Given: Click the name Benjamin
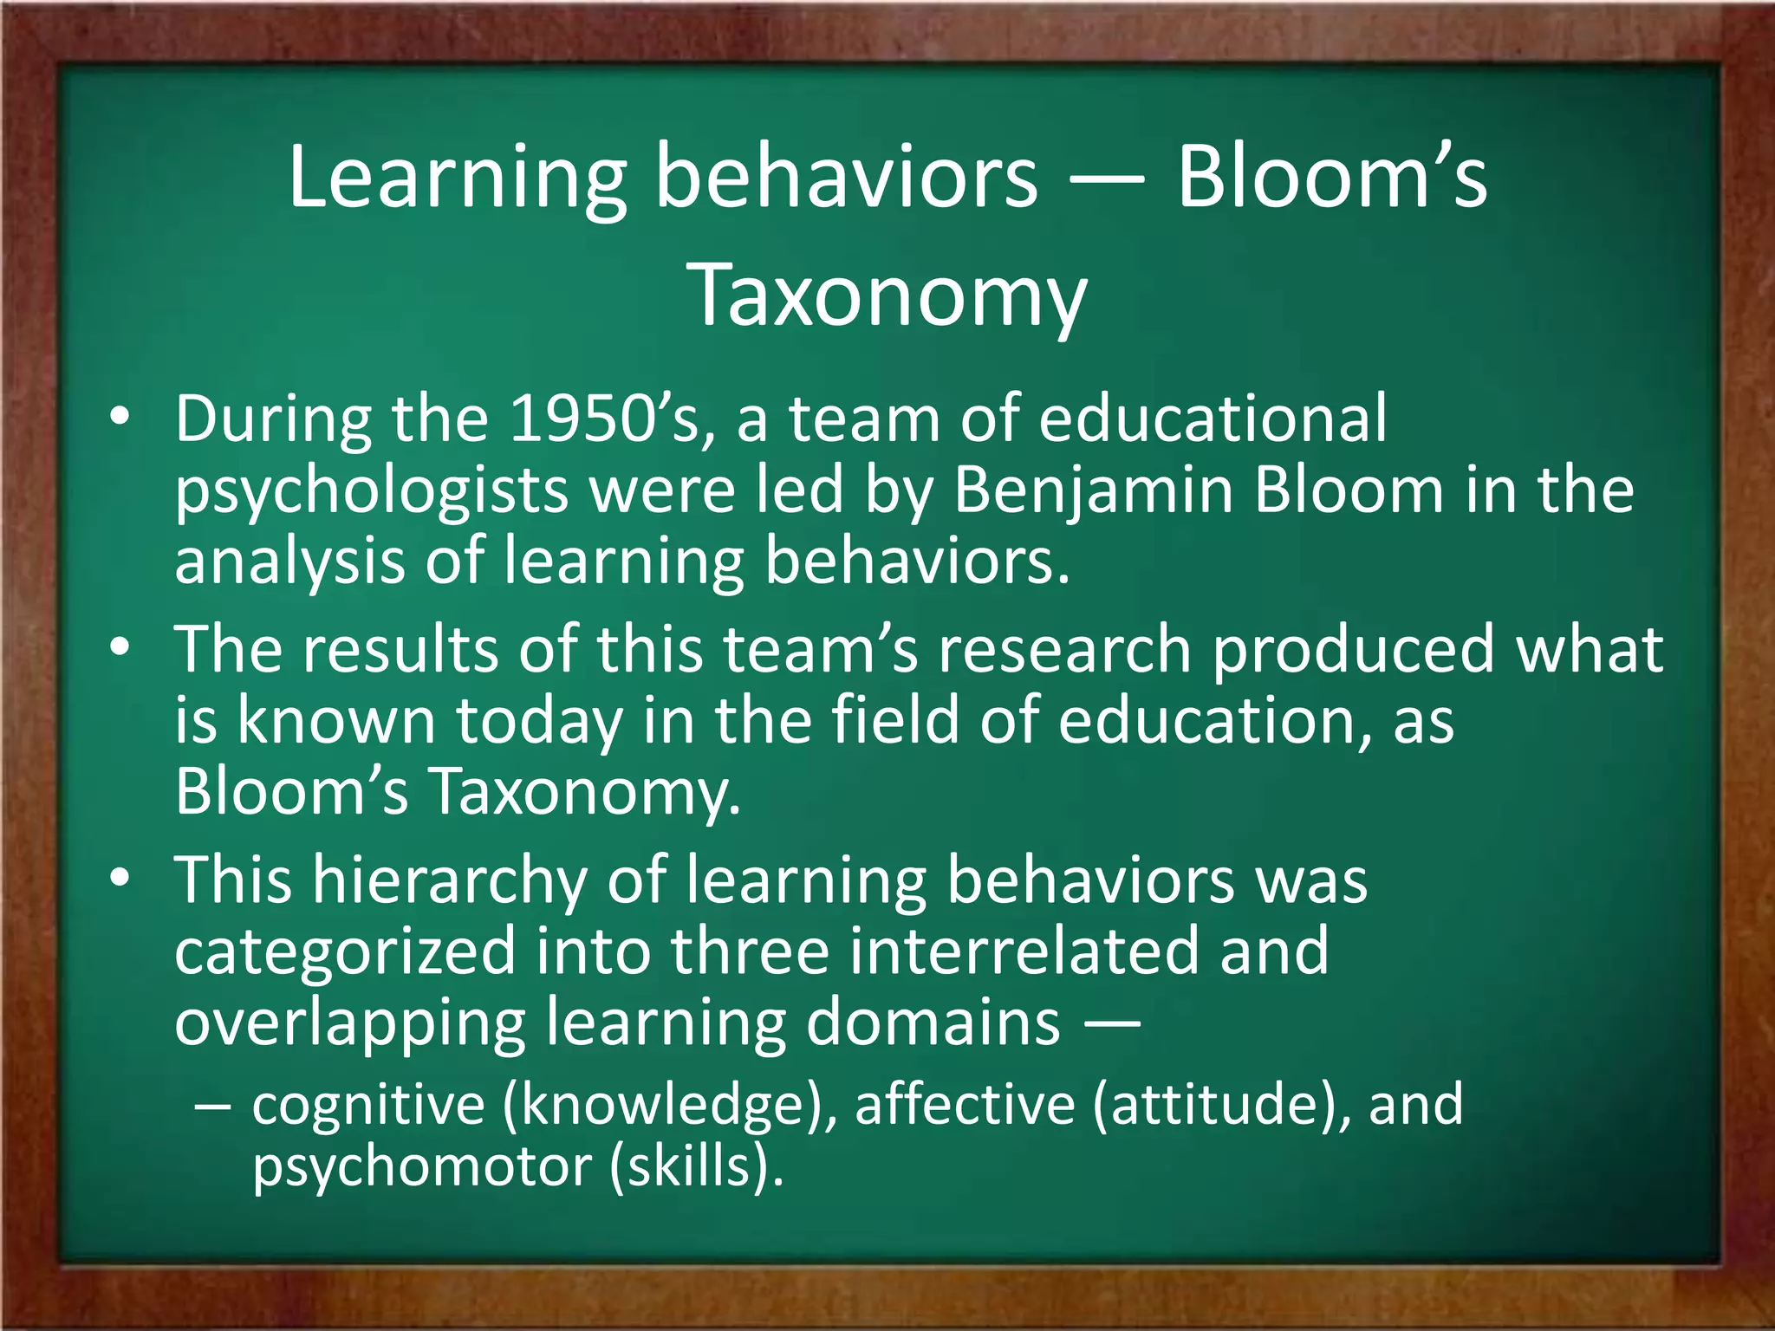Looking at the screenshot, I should coord(1094,490).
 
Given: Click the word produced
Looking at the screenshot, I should coord(1353,650).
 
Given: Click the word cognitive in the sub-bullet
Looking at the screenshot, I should coord(368,1106).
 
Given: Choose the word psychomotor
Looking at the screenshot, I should coord(422,1168).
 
